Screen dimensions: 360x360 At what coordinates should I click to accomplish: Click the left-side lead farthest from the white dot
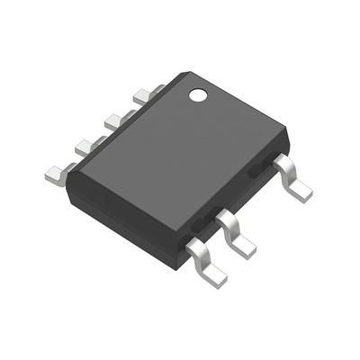(56, 172)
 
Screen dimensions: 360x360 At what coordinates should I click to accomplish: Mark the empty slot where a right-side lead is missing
(261, 193)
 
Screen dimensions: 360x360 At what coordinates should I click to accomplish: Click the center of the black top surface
(180, 153)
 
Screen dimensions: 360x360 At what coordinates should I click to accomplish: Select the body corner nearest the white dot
(177, 75)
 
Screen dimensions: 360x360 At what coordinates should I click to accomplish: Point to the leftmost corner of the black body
(69, 171)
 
